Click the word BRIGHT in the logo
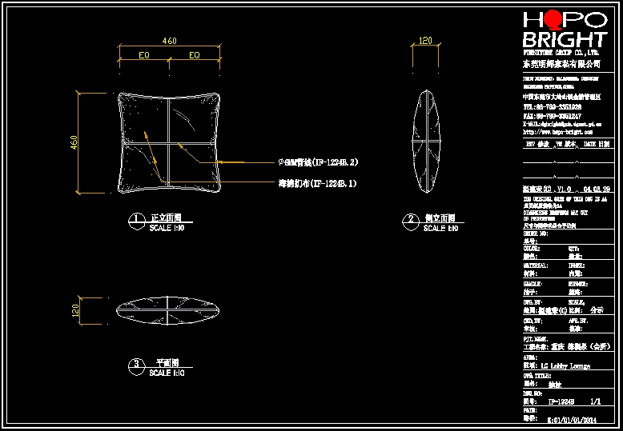pyautogui.click(x=564, y=40)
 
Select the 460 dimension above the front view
pyautogui.click(x=170, y=41)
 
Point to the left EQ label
pyautogui.click(x=144, y=56)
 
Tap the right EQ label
pyautogui.click(x=194, y=56)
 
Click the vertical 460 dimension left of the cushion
pyautogui.click(x=74, y=143)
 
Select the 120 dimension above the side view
pyautogui.click(x=425, y=41)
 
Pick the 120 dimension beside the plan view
pyautogui.click(x=74, y=309)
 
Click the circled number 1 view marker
pyautogui.click(x=137, y=219)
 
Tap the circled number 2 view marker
pyautogui.click(x=412, y=219)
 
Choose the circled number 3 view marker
pyautogui.click(x=137, y=364)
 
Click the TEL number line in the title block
pyautogui.click(x=553, y=106)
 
